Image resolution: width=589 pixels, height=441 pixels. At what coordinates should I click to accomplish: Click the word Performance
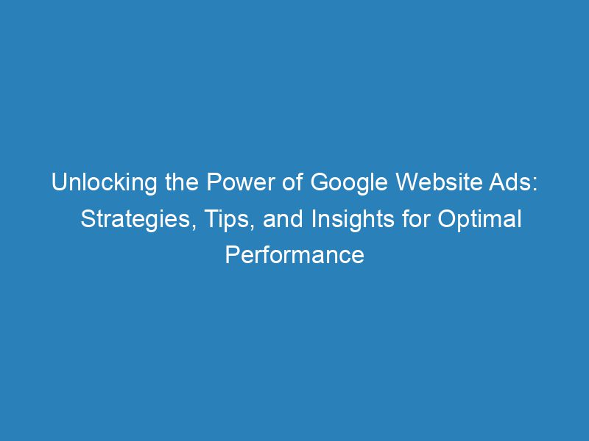[294, 255]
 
